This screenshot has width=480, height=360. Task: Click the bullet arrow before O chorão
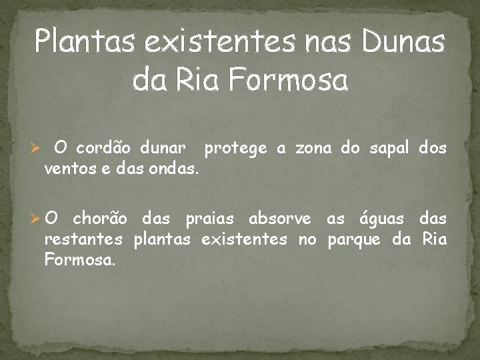point(38,219)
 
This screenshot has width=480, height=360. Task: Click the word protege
point(237,147)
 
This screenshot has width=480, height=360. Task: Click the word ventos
point(67,169)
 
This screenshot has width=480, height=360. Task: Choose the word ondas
point(175,169)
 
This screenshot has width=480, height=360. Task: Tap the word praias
point(209,219)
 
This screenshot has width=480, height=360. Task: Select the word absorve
point(280,219)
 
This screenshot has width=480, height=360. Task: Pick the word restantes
point(83,239)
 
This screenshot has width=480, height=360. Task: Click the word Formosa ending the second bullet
point(79,260)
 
